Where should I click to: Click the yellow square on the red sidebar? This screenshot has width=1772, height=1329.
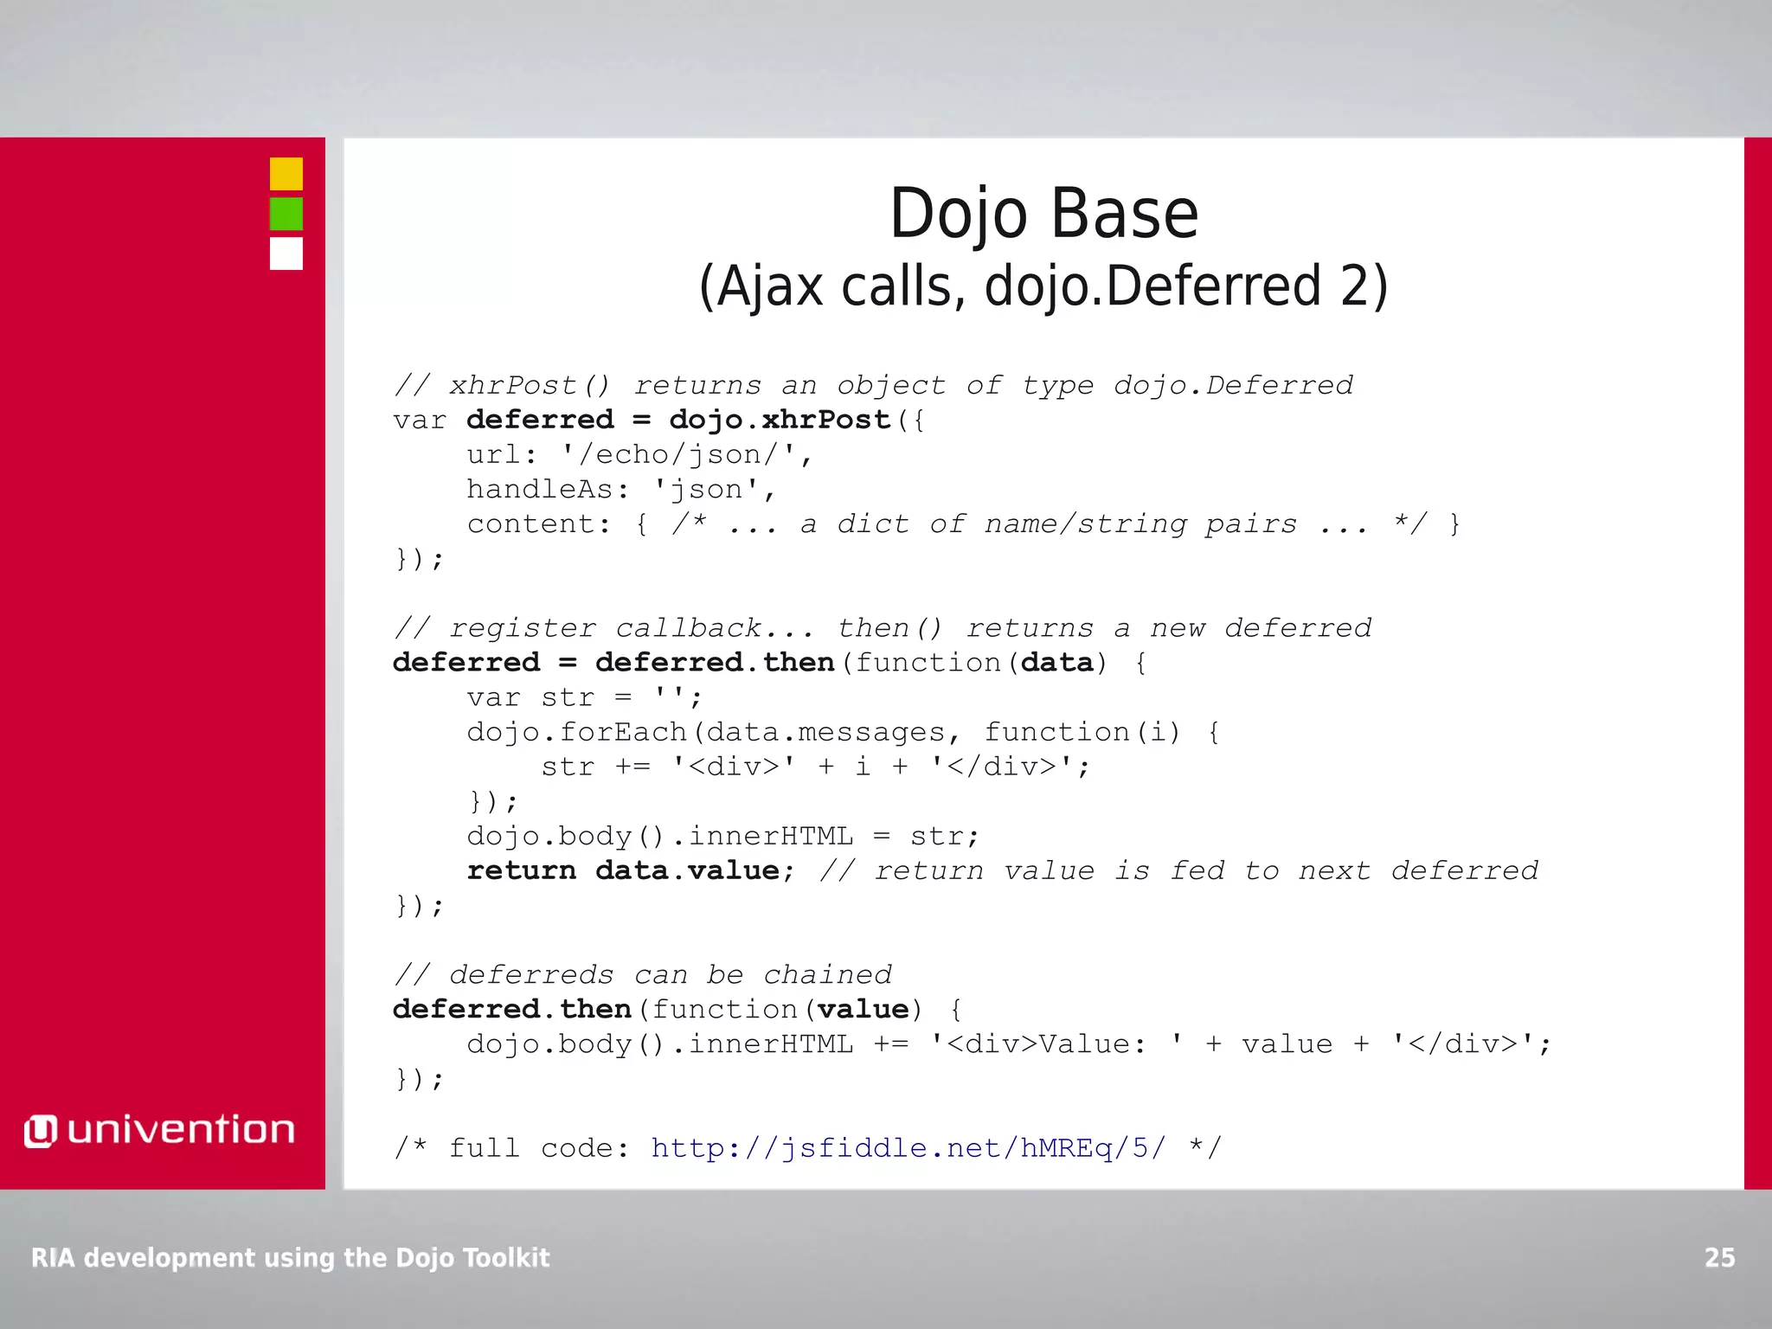point(286,174)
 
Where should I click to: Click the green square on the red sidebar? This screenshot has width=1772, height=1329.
point(286,214)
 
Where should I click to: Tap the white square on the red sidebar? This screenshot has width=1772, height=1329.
point(286,254)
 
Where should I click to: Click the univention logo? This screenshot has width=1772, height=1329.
point(160,1130)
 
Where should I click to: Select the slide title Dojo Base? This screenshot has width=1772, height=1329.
point(1043,214)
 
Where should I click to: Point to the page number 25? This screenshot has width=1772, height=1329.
point(1719,1257)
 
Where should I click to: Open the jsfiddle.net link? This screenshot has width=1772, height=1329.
point(908,1148)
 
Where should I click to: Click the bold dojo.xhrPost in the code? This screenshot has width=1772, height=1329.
point(780,420)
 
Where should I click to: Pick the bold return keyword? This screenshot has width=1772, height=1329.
point(521,870)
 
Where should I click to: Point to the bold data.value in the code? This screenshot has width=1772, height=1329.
point(688,870)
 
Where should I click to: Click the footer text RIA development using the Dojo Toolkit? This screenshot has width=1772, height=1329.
point(290,1257)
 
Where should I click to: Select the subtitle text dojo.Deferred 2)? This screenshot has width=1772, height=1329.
point(1186,286)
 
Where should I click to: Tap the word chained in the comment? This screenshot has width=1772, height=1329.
point(827,975)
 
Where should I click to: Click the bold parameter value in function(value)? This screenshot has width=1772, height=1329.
point(863,1010)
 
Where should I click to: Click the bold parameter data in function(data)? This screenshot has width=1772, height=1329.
point(1057,663)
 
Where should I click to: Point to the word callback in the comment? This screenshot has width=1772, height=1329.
point(688,628)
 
